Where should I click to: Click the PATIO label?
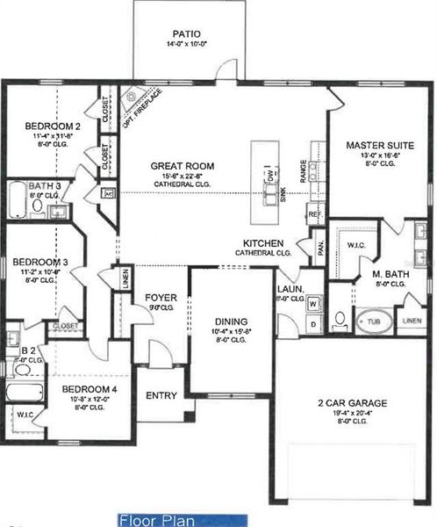coord(186,34)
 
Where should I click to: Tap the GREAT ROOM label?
coord(183,165)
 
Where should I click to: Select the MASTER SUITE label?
coord(378,145)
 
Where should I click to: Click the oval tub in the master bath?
coord(373,321)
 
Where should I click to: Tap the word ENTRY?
coord(161,395)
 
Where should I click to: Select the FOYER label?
coord(161,297)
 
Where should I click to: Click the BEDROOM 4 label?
coord(89,388)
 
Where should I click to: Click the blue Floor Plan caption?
coord(182,520)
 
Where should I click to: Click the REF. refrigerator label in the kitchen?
coord(313,213)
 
